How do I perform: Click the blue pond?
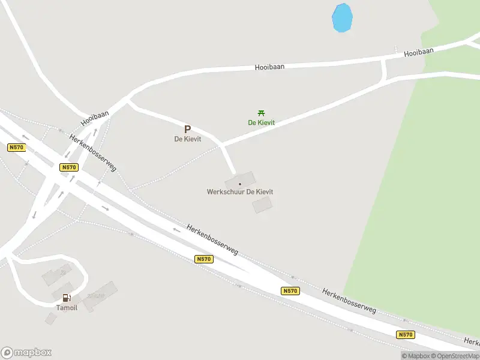(341, 18)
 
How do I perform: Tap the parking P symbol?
(187, 129)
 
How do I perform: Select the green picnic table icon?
(261, 113)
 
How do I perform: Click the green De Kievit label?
(262, 122)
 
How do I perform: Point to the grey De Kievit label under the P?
(187, 139)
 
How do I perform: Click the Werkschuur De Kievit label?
(240, 192)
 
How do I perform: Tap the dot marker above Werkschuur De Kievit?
(240, 184)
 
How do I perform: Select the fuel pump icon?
(66, 298)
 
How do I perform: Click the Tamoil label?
(67, 308)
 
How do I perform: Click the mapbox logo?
(26, 353)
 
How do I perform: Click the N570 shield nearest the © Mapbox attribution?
(405, 335)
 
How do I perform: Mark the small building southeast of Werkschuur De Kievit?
(262, 205)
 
